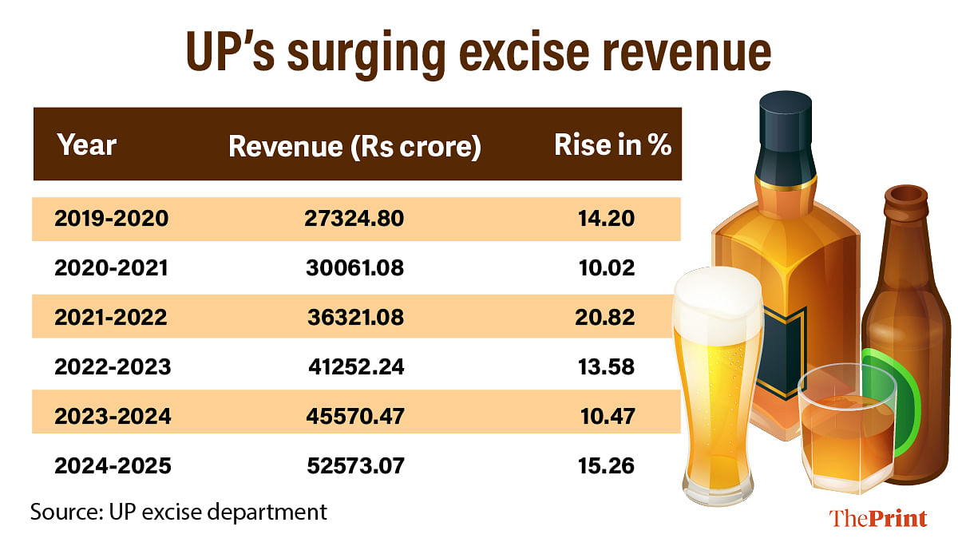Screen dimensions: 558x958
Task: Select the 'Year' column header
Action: point(87,145)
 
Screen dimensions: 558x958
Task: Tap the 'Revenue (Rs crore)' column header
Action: point(354,147)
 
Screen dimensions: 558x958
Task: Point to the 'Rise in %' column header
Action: point(612,145)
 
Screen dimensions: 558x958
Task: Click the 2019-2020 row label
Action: point(112,218)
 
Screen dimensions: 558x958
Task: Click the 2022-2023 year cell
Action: point(113,366)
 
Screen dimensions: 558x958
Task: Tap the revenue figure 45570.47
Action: point(355,416)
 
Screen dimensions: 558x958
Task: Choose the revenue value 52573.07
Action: point(355,465)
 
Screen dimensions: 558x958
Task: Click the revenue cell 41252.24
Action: point(356,366)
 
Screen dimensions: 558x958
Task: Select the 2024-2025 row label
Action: point(113,465)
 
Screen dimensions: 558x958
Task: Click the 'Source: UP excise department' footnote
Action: point(179,512)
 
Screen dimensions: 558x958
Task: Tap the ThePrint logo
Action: point(878,519)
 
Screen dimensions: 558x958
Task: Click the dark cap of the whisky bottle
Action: point(786,132)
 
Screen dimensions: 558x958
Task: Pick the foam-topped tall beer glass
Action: point(721,383)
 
